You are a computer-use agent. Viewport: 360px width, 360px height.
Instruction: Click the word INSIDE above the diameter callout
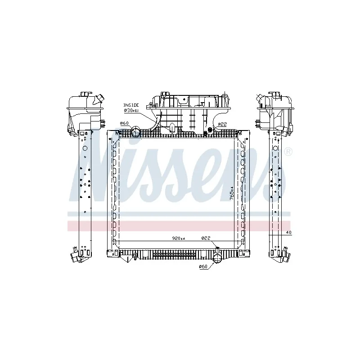coord(131,104)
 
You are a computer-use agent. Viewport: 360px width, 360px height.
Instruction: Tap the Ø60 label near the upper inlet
coord(124,123)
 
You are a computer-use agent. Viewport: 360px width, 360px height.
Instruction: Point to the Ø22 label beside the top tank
coord(222,124)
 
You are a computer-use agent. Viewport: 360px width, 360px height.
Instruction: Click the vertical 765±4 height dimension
coord(231,193)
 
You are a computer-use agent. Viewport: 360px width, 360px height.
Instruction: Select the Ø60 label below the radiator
coord(203,267)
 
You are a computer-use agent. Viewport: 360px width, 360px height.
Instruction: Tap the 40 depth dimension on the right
coord(288,232)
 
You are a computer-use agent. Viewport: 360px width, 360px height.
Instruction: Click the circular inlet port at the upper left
coord(137,132)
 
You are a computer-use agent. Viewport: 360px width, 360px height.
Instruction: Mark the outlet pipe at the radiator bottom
coord(217,258)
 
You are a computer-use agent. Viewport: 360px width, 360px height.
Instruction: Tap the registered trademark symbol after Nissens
coord(288,152)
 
